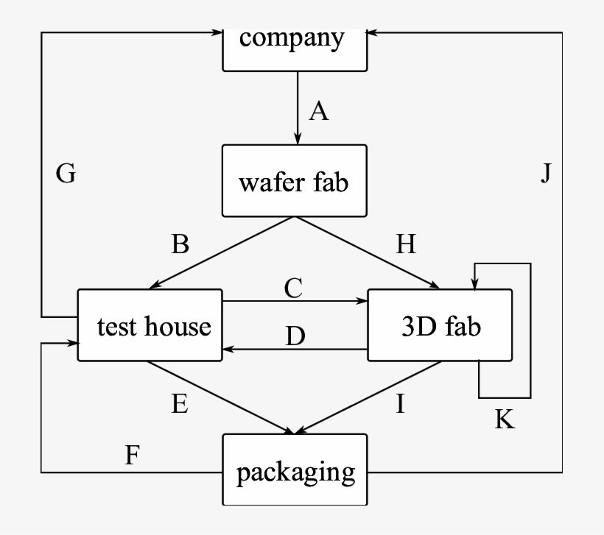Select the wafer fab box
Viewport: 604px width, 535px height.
295,181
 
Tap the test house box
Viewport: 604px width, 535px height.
150,325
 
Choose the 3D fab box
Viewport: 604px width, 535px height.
440,325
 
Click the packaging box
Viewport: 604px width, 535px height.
295,470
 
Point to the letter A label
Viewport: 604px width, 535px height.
318,111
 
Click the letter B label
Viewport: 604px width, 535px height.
180,245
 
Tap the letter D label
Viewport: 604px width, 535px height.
295,336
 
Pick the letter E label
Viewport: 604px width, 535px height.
180,404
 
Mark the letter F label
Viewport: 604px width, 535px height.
132,456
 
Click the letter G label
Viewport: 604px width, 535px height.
66,174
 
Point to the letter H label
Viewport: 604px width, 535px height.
406,245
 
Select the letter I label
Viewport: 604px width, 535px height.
400,404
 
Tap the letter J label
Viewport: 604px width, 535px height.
546,174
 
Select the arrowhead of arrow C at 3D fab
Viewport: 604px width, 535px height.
362,301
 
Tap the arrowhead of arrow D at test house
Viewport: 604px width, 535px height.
228,350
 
